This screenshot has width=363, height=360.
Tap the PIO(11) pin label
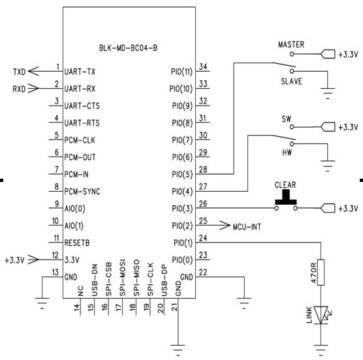181,70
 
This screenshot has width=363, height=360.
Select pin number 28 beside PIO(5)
203,170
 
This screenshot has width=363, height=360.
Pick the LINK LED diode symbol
321,315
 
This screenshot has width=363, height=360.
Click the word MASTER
291,44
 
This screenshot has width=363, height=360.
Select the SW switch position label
287,119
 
